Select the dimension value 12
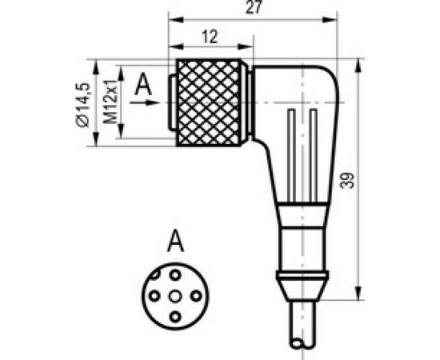pos(209,37)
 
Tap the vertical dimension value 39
pos(346,181)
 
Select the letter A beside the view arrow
pos(143,83)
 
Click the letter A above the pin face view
pos(174,239)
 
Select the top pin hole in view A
pos(174,274)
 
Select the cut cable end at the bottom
pos(304,342)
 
